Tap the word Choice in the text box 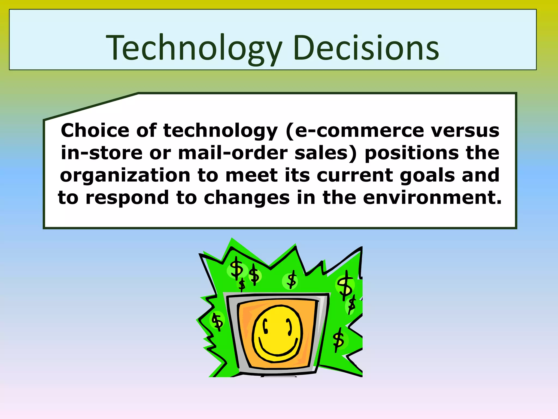[95, 130]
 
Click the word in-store [101, 153]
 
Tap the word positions [411, 153]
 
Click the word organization [125, 175]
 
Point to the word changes [247, 197]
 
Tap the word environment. [432, 197]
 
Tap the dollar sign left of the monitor [217, 321]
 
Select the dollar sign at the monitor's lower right [338, 340]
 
